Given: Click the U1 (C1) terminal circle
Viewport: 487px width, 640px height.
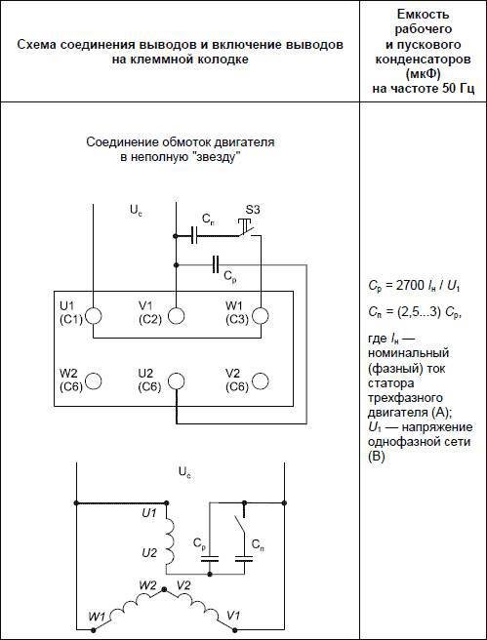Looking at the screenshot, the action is coord(94,316).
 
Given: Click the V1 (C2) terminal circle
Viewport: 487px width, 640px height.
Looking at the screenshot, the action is coord(176,316).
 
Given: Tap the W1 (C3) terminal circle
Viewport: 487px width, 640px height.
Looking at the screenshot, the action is coord(261,316).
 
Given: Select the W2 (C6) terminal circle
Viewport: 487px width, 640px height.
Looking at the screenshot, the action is coord(94,380).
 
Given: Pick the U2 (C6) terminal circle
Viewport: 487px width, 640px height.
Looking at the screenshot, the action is coord(176,380).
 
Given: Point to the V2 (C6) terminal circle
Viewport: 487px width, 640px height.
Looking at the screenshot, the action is coord(261,380).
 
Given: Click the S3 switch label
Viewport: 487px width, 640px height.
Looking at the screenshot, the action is coord(252,211).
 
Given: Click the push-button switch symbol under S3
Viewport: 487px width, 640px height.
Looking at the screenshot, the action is coord(248,227).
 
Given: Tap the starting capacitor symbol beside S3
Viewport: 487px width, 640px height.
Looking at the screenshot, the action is coord(194,236).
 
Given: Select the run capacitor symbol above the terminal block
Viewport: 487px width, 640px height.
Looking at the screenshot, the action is coord(216,265).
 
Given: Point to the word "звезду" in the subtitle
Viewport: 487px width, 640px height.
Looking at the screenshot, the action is coord(217,158).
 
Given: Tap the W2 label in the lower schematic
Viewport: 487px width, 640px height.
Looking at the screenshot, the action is coord(147,585).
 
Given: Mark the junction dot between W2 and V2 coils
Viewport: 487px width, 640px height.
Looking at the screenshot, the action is coord(164,589).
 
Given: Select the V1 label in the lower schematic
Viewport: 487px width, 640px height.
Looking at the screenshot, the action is coord(232,615).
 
